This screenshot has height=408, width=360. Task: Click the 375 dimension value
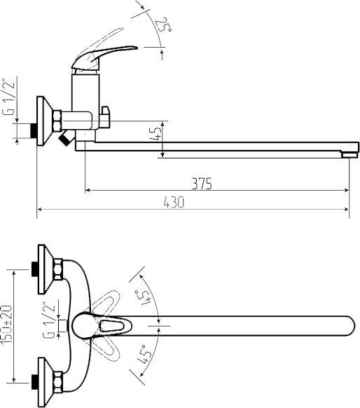202,184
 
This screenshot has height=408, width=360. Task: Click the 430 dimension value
174,202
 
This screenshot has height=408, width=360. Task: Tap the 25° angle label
163,25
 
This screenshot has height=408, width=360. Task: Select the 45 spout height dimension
157,133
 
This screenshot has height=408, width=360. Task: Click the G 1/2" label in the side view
8,97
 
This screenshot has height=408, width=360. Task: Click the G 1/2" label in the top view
49,320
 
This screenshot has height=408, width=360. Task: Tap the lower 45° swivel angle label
144,354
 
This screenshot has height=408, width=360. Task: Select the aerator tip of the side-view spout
349,155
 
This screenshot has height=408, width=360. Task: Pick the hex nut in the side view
57,121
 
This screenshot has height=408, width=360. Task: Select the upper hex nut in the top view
58,269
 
